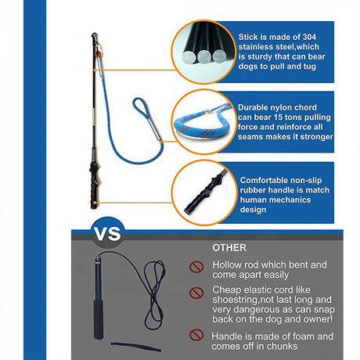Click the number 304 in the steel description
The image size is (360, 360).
309,37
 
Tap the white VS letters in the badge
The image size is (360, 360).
107,234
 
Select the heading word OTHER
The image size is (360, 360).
229,248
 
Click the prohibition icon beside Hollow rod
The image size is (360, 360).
196,267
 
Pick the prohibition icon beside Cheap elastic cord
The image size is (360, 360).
196,293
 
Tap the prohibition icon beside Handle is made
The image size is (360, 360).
196,335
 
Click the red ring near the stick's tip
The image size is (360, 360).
98,54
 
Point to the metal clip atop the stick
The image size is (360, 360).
95,38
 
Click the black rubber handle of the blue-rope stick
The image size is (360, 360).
94,185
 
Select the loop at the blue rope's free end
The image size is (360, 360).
146,117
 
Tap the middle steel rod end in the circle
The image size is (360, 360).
204,57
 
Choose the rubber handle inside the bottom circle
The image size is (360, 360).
206,192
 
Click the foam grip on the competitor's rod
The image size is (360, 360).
99,319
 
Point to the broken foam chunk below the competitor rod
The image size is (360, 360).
135,347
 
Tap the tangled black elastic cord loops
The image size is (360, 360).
154,295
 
